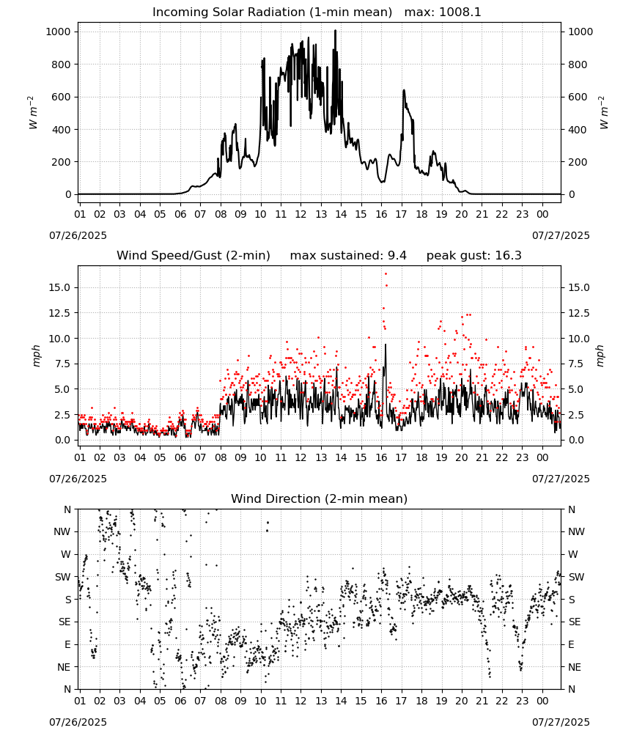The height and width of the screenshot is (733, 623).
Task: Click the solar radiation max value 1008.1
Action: click(x=460, y=12)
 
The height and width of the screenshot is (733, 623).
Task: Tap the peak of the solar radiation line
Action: click(x=335, y=31)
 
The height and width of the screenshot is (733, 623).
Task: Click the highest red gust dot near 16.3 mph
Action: click(x=386, y=274)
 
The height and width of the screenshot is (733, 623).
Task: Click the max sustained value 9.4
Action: click(x=397, y=256)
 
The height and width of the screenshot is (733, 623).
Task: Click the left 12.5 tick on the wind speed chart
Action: click(x=60, y=313)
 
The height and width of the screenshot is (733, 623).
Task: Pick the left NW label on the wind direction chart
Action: click(x=62, y=531)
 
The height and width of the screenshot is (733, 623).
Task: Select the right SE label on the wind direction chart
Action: click(x=575, y=622)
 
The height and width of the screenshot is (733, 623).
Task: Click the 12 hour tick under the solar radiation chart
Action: click(x=301, y=214)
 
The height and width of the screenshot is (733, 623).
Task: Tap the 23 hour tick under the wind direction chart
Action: click(x=522, y=701)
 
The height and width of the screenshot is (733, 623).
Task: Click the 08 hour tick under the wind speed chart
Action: click(x=220, y=457)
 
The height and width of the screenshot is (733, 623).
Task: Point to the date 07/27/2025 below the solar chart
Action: click(x=561, y=235)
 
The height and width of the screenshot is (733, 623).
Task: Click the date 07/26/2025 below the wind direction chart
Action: click(x=78, y=722)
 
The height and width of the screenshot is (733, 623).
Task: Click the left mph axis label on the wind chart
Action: click(x=37, y=356)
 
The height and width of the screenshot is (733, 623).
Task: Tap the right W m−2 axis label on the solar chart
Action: click(x=604, y=113)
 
